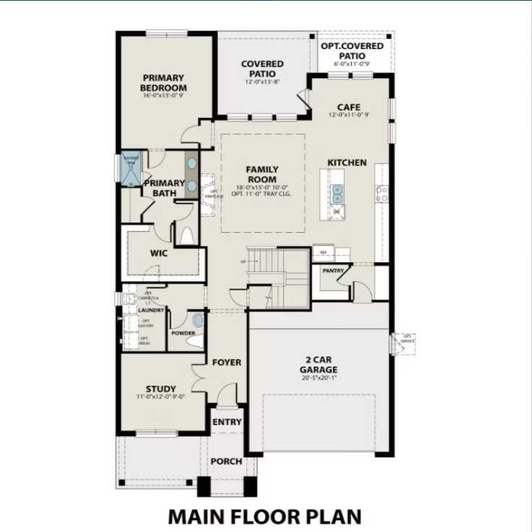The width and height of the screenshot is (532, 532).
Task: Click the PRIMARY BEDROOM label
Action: pyautogui.click(x=163, y=82)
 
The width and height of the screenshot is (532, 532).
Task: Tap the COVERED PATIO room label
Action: pyautogui.click(x=262, y=69)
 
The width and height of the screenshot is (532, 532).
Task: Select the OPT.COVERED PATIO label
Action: pyautogui.click(x=353, y=51)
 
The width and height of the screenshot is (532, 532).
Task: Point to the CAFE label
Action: pyautogui.click(x=348, y=107)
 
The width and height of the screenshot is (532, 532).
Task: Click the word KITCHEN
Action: pyautogui.click(x=347, y=163)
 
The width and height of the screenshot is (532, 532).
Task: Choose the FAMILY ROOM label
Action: pyautogui.click(x=262, y=174)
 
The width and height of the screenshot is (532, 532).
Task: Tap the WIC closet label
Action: pyautogui.click(x=159, y=254)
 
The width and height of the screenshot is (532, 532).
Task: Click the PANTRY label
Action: pyautogui.click(x=332, y=271)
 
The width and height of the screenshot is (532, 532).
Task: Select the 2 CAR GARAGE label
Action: pyautogui.click(x=319, y=364)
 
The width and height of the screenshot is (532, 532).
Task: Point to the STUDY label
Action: pyautogui.click(x=160, y=388)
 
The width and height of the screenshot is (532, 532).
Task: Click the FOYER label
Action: pyautogui.click(x=226, y=362)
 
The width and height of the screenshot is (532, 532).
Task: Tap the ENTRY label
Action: pyautogui.click(x=227, y=422)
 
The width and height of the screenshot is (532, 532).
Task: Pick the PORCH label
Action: pyautogui.click(x=226, y=461)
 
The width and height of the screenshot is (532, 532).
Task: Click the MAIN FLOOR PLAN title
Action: pyautogui.click(x=264, y=517)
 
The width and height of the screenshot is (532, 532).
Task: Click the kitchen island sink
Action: pyautogui.click(x=338, y=193)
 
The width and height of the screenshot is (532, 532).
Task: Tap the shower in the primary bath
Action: pyautogui.click(x=132, y=170)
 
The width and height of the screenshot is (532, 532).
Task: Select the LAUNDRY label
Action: pyautogui.click(x=152, y=310)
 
